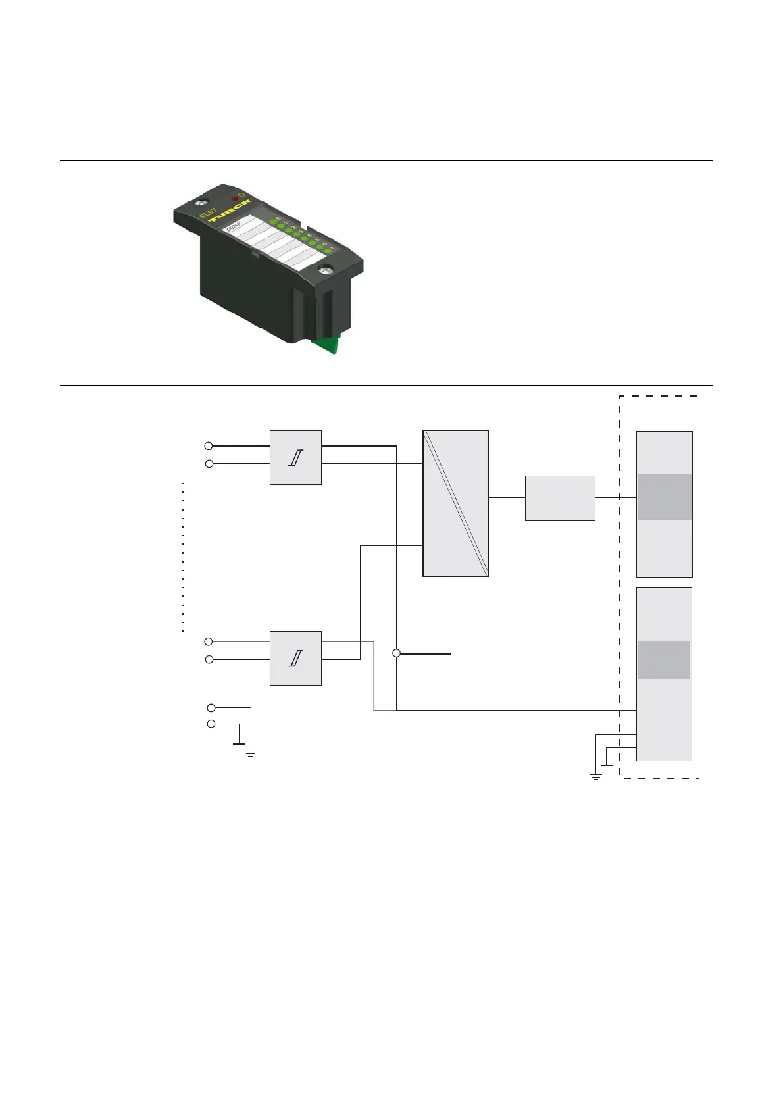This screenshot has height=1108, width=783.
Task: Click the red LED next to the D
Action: click(x=235, y=197)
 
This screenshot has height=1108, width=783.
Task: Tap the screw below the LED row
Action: click(x=325, y=270)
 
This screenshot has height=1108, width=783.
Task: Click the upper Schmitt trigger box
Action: click(x=295, y=457)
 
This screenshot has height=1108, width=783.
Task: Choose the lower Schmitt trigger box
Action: click(x=295, y=658)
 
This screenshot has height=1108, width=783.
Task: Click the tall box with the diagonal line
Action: click(x=455, y=503)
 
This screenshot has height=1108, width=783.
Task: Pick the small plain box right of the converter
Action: click(x=560, y=498)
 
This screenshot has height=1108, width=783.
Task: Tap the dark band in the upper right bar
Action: click(x=664, y=497)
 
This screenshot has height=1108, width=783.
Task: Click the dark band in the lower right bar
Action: click(x=664, y=659)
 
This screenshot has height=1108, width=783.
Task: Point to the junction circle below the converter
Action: click(x=396, y=653)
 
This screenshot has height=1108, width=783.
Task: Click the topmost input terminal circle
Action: click(x=209, y=446)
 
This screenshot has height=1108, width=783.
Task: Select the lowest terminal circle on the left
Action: click(x=211, y=724)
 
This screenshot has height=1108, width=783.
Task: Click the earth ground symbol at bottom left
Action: click(x=250, y=752)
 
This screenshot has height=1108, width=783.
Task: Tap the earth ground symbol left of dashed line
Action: click(x=595, y=777)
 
